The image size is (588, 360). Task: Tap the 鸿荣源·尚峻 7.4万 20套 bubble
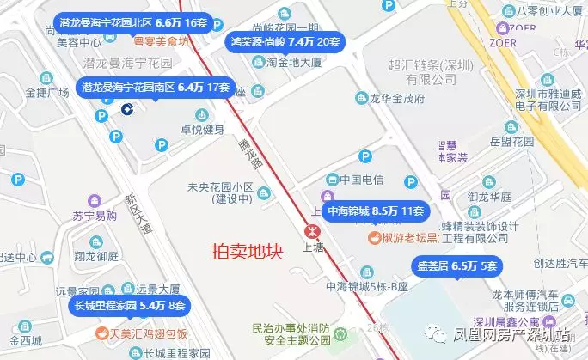(x=283, y=40)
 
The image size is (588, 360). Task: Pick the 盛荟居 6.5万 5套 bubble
(x=457, y=265)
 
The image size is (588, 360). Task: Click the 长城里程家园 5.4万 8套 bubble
(x=127, y=305)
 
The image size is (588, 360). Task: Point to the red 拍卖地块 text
(x=248, y=252)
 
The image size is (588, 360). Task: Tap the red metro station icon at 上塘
(x=310, y=229)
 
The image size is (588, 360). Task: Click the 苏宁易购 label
(x=94, y=216)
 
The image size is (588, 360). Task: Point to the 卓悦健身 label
(x=201, y=129)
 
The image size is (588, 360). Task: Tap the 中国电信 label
(x=360, y=180)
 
